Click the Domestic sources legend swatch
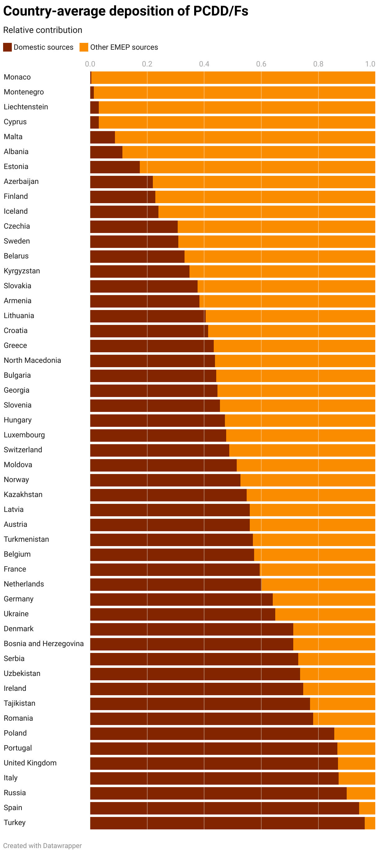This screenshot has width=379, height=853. coord(7,47)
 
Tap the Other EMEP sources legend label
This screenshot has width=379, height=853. coord(124,47)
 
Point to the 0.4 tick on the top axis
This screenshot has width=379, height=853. coord(204,64)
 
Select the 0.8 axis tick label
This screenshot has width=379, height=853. coord(318,64)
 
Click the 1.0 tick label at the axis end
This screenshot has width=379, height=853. coord(370,64)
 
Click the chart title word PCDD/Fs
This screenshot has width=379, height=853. coord(221,11)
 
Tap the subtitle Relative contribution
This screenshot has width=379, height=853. coord(43,30)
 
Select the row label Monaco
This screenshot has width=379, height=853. coord(17,77)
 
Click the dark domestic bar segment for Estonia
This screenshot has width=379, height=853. coord(115,167)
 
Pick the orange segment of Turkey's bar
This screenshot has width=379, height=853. coord(370,823)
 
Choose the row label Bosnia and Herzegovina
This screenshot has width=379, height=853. coord(44,643)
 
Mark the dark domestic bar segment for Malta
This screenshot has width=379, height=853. coord(103,137)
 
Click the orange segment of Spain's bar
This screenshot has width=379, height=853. coord(367,808)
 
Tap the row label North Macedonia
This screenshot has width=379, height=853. coord(33,360)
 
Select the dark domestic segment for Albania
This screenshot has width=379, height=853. coord(106,152)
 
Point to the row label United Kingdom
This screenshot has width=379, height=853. coord(30,763)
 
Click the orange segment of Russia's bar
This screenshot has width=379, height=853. coord(360,793)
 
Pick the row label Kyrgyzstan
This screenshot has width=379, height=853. coord(22,271)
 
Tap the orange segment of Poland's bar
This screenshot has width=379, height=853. coord(354,733)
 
